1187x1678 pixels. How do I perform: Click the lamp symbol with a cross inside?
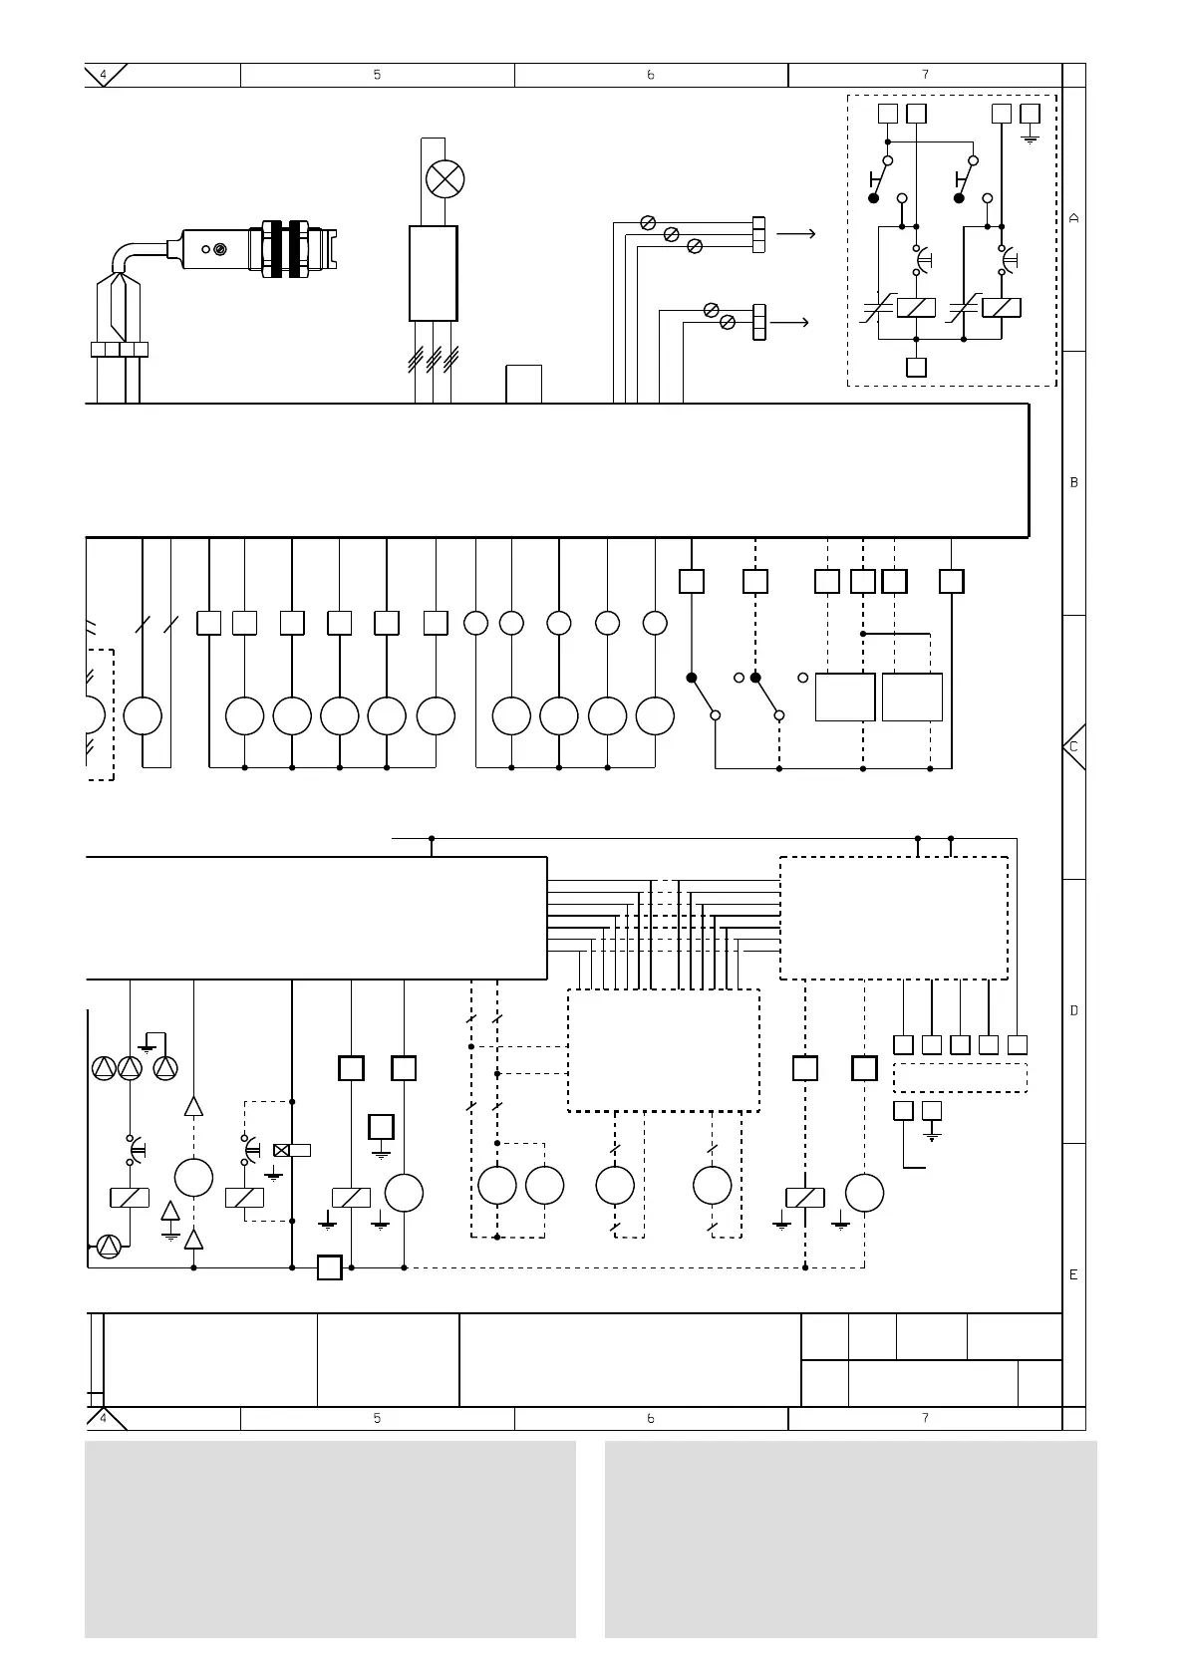pos(445,179)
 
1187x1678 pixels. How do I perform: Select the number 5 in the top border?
pos(377,75)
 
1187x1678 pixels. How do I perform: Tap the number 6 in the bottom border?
pos(651,1418)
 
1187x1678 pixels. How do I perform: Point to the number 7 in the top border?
pos(925,75)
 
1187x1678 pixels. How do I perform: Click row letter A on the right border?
pos(1073,218)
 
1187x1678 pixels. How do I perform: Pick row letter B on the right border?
pos(1073,482)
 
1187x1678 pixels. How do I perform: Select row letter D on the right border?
pos(1073,1010)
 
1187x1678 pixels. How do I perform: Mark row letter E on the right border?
pos(1073,1274)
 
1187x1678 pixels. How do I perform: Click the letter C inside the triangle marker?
pos(1073,746)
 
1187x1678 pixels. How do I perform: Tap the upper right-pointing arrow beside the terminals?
pos(795,234)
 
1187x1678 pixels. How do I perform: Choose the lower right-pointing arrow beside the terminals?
pos(789,323)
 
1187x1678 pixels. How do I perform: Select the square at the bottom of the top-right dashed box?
pos(916,367)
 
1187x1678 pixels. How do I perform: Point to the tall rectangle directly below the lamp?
pos(434,273)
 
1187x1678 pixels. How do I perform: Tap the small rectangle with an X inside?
pos(281,1150)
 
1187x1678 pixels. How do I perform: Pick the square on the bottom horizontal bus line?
pos(330,1267)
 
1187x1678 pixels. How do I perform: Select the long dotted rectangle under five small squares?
pos(960,1078)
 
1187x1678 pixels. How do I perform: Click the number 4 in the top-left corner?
pos(103,75)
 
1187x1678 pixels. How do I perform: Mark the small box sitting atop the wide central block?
pos(524,385)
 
